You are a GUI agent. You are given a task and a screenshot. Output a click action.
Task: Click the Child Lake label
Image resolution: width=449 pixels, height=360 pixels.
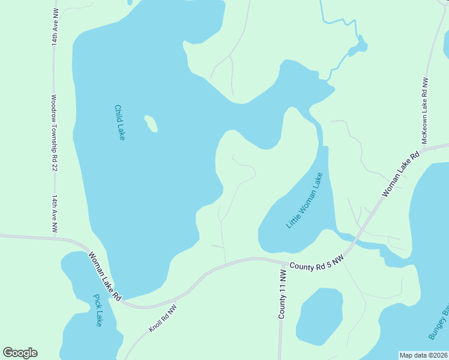119,122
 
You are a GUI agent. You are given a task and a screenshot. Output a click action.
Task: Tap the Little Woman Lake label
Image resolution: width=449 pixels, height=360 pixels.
304,200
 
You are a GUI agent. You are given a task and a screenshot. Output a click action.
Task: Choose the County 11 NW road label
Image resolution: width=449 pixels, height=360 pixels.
282,294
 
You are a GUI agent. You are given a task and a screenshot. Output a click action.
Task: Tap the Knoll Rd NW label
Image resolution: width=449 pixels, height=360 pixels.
163,317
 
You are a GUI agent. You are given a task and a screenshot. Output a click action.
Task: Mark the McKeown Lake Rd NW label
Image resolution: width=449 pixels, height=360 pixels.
424,110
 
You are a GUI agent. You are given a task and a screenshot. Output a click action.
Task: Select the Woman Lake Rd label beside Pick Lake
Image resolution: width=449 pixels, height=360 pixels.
106,276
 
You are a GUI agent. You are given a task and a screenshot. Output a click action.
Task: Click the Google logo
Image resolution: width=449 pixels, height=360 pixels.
20,353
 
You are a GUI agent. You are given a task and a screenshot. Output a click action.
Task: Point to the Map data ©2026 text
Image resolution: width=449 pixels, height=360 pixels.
424,355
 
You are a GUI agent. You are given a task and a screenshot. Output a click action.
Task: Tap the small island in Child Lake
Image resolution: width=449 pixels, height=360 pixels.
151,124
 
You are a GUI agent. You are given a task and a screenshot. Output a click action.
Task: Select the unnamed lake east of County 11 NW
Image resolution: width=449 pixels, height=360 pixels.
320,316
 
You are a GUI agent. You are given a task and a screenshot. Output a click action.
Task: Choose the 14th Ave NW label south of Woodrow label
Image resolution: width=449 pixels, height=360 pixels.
54,214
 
